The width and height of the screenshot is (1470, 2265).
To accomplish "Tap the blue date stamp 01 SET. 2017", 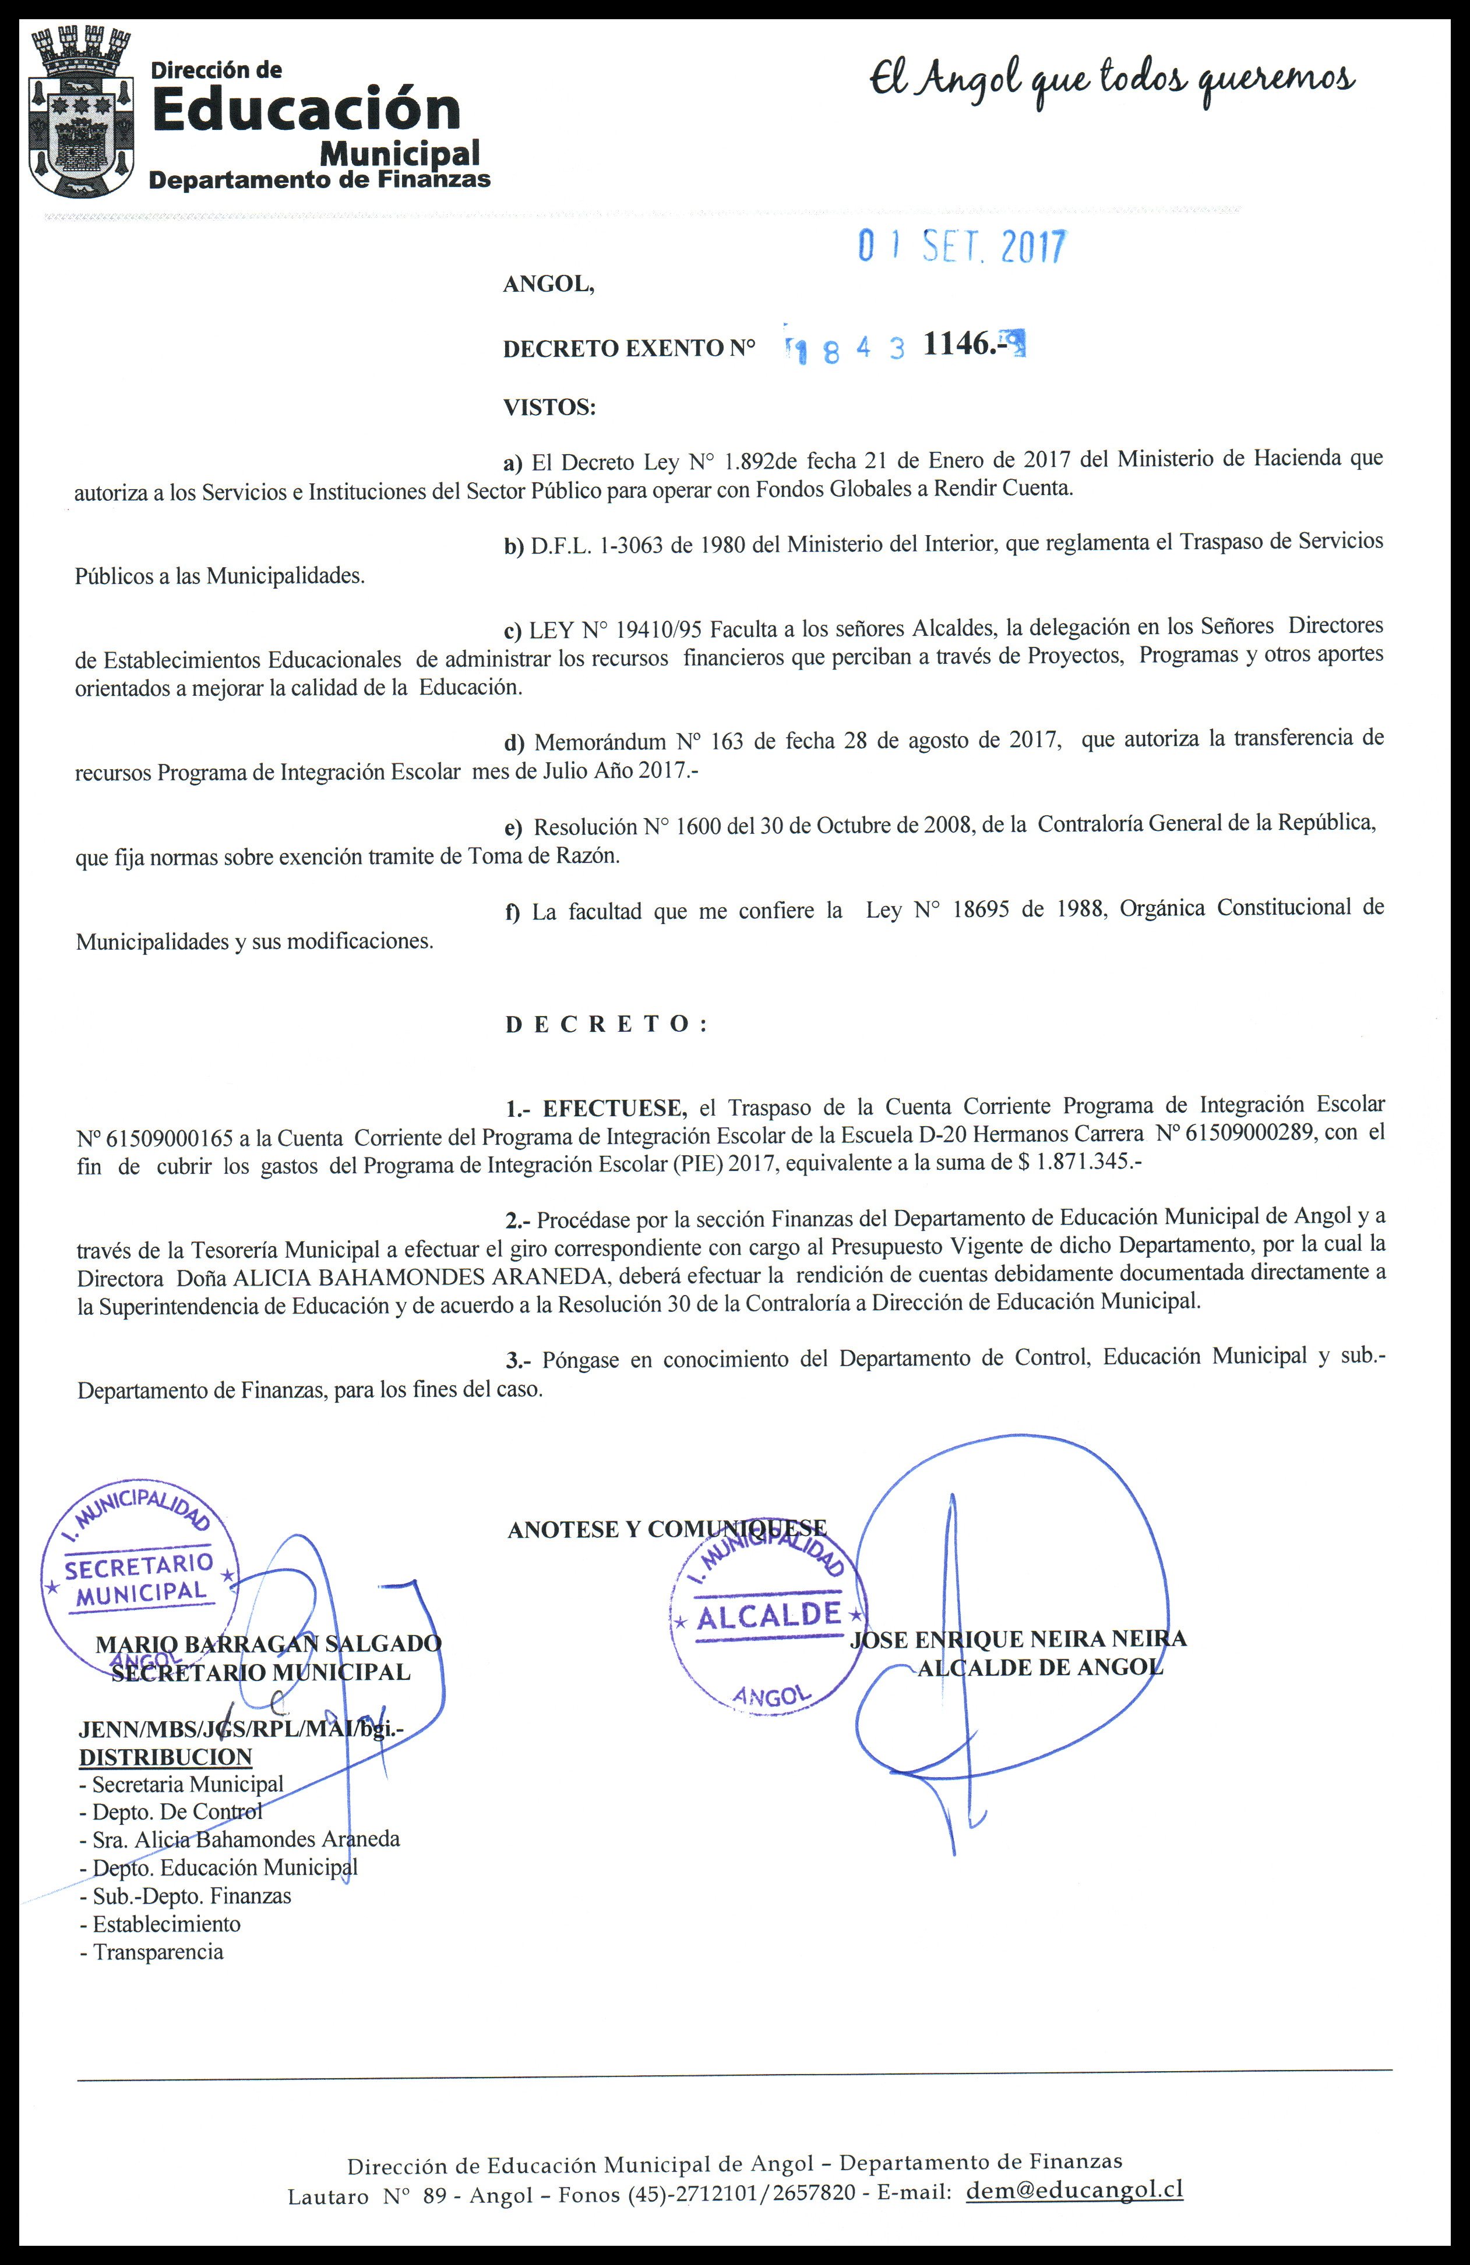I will tap(961, 246).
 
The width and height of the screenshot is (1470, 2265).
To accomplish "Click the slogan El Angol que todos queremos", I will tap(1111, 82).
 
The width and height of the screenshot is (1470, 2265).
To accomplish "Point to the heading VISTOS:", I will tap(549, 408).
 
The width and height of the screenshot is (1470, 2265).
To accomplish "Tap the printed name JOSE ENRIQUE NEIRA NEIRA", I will tap(1018, 1639).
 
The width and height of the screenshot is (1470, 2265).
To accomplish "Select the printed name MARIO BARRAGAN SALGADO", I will tap(269, 1644).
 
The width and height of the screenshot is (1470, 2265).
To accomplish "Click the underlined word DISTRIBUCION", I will tap(165, 1757).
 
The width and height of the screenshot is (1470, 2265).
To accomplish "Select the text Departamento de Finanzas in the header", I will tap(320, 179).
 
